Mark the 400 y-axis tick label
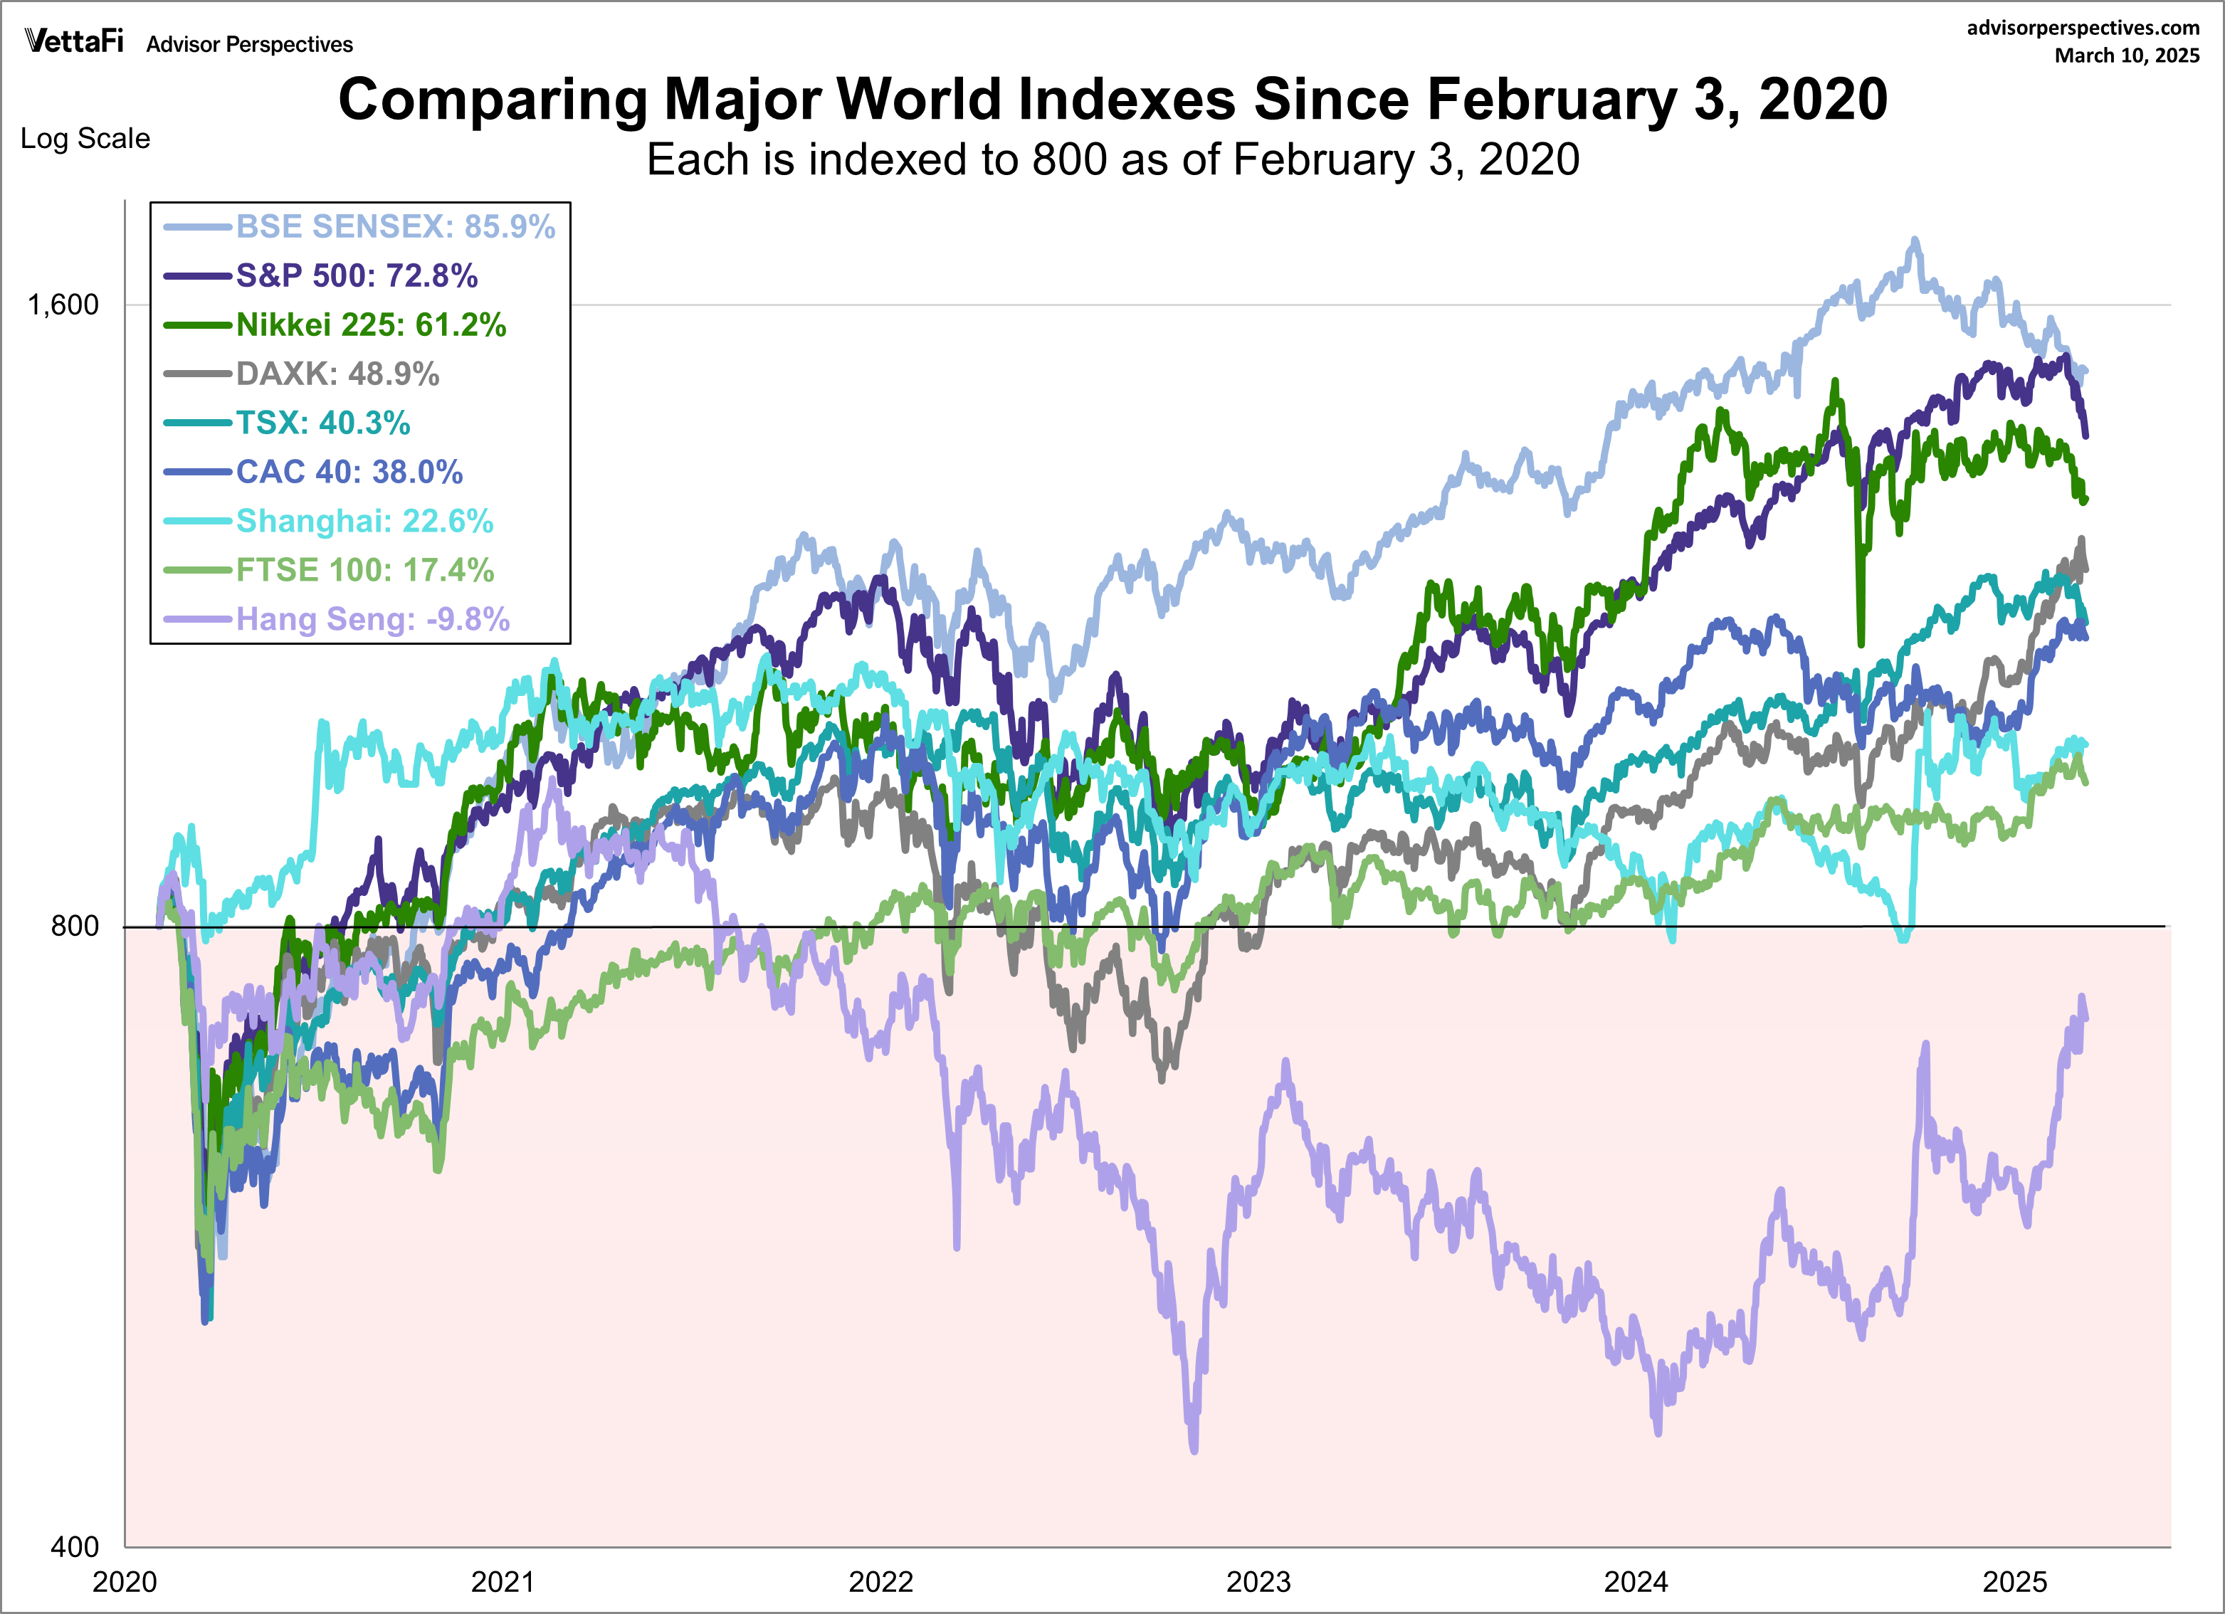pos(75,1547)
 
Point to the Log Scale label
pos(85,138)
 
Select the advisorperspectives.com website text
pos(2083,28)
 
